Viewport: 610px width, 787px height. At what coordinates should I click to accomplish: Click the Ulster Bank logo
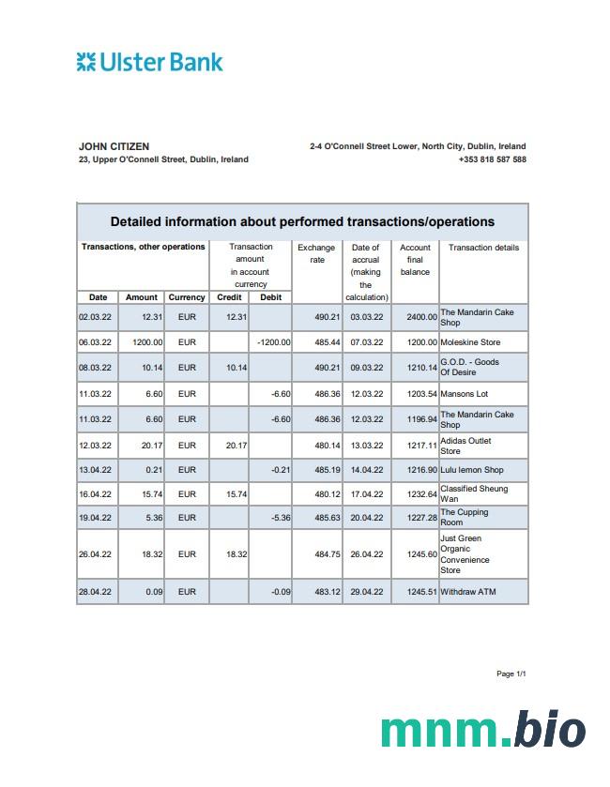coord(150,63)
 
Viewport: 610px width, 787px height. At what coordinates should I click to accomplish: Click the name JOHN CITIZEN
coord(114,146)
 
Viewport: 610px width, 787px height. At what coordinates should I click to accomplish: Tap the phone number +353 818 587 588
coord(492,159)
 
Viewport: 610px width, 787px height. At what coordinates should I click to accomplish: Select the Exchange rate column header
coord(316,253)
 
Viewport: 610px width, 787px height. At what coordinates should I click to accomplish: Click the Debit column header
coord(270,297)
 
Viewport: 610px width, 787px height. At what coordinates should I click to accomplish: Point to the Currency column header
coord(187,297)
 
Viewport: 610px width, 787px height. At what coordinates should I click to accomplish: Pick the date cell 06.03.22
coord(95,342)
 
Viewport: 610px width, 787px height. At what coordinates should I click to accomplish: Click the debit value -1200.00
coord(273,342)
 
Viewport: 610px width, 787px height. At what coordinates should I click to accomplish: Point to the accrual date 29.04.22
coord(366,592)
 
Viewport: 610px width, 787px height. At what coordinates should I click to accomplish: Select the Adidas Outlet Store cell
coord(465,446)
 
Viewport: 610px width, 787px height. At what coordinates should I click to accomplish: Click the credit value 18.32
coord(236,554)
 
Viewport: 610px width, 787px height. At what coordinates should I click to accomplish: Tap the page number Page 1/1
coord(511,673)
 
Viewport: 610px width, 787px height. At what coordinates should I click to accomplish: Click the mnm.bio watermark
coord(482,730)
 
